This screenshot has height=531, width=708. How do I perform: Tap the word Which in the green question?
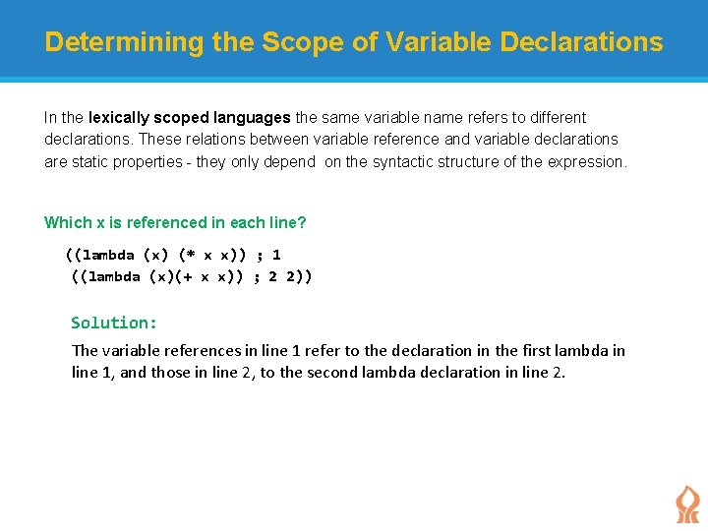click(x=67, y=223)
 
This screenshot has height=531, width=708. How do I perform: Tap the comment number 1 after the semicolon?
click(x=276, y=255)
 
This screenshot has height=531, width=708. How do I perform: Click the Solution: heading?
click(x=114, y=323)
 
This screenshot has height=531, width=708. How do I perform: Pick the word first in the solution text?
click(x=537, y=351)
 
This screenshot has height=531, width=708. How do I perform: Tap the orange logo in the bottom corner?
click(x=686, y=504)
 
